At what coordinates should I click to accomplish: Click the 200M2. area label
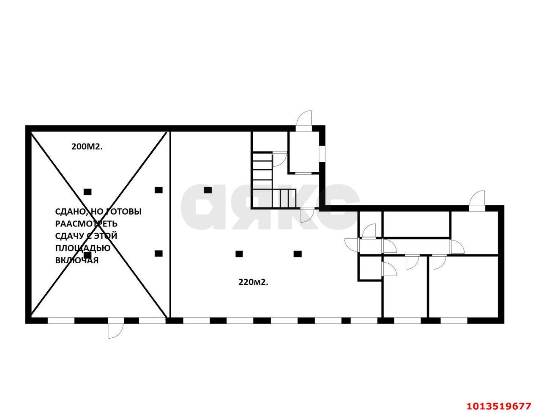[x=87, y=147]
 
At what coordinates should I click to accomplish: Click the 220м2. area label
[x=253, y=282]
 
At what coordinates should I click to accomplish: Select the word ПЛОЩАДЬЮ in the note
[x=82, y=248]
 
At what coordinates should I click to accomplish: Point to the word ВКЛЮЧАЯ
[x=77, y=260]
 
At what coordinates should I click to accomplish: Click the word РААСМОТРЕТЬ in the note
[x=86, y=224]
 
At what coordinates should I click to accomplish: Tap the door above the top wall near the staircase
[x=304, y=119]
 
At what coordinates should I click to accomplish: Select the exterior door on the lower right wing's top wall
[x=477, y=201]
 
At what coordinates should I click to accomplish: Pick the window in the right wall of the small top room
[x=322, y=155]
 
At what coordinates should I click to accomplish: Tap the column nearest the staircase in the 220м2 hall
[x=208, y=190]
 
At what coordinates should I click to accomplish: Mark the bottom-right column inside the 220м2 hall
[x=298, y=254]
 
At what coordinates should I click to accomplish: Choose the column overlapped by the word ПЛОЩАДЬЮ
[x=87, y=255]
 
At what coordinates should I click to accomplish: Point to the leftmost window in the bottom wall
[x=61, y=320]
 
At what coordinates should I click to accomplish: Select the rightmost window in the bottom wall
[x=454, y=320]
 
